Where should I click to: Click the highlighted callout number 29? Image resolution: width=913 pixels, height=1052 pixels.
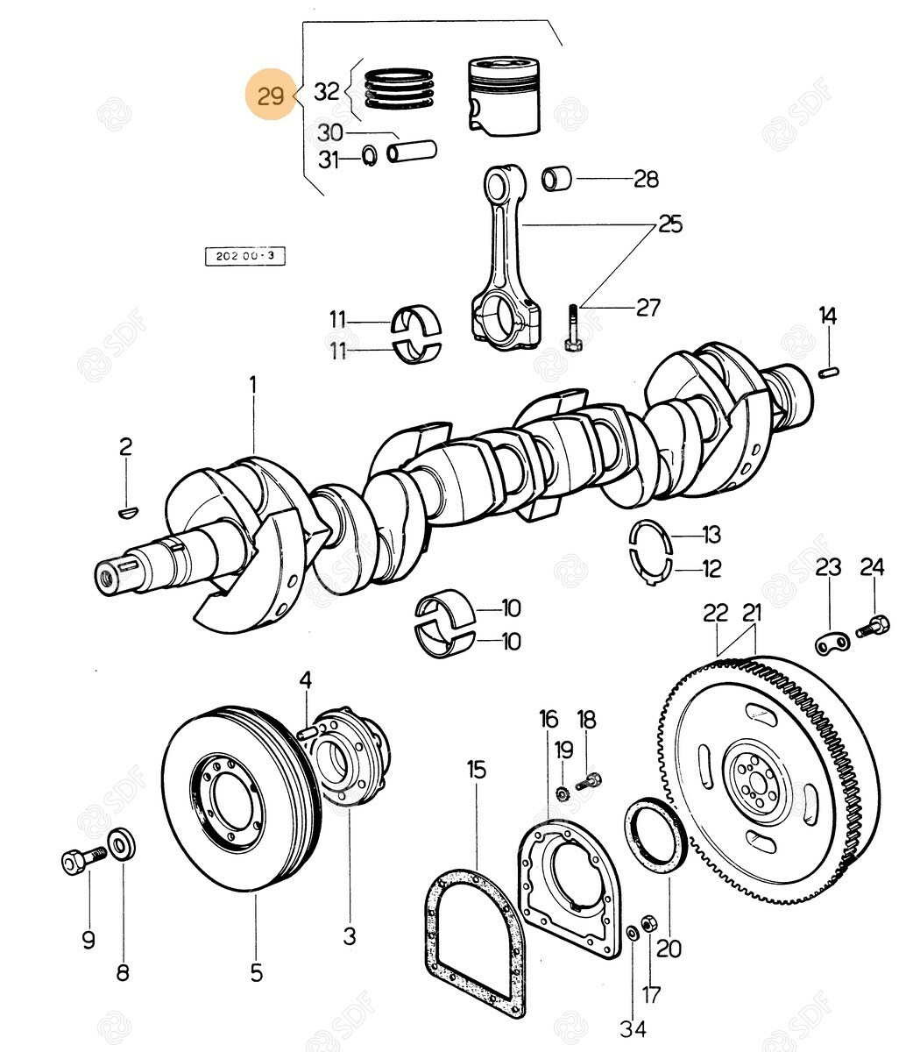point(271,95)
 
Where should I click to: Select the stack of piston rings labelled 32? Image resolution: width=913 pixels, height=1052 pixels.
point(400,89)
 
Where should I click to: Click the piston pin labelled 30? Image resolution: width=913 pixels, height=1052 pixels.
point(413,151)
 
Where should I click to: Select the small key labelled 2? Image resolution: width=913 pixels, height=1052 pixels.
point(127,507)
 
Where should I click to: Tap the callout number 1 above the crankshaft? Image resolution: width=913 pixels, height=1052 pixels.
point(253,384)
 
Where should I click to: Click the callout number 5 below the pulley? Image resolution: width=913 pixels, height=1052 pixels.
point(256,971)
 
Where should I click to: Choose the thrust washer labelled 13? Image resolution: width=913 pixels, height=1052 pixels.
point(650,534)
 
